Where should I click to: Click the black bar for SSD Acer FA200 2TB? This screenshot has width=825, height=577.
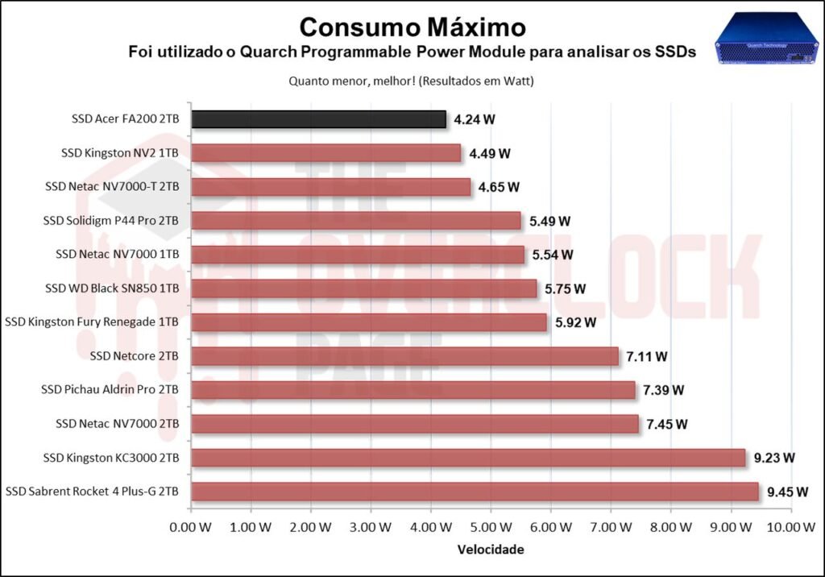(x=318, y=120)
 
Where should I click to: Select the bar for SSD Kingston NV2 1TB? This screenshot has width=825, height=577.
(x=325, y=153)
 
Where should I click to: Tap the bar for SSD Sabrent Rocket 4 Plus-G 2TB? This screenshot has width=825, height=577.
(x=475, y=492)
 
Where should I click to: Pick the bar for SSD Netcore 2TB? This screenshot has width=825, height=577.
(x=404, y=356)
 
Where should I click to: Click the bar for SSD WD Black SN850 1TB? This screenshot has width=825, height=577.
(x=363, y=288)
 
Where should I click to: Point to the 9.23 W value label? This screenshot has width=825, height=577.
(x=774, y=458)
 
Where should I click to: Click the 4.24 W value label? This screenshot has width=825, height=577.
(x=475, y=120)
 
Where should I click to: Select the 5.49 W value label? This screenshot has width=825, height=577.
(x=549, y=221)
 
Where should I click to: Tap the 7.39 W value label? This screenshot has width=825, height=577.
(x=663, y=390)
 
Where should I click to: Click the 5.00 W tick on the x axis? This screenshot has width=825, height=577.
(x=490, y=527)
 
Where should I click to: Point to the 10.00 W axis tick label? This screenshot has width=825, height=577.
(x=790, y=527)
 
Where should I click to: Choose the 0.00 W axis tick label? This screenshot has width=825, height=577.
(x=191, y=527)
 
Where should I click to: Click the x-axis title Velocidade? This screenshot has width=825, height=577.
(x=491, y=550)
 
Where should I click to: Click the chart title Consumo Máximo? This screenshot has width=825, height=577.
(x=412, y=27)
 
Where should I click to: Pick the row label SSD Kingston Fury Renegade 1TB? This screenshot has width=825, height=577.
(x=92, y=322)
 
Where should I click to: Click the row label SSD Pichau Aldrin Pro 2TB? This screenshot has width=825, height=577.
(x=110, y=390)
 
